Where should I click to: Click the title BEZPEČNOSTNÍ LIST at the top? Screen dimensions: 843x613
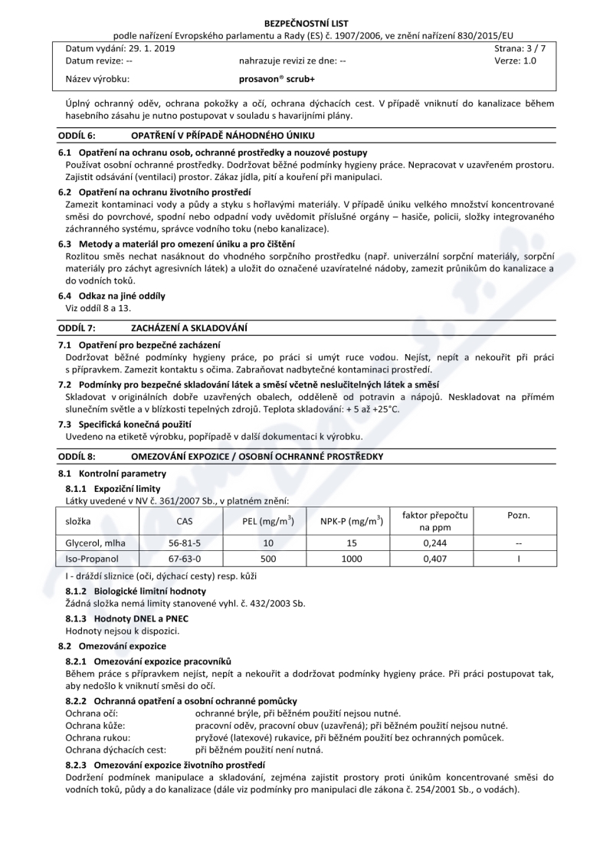[x=306, y=25]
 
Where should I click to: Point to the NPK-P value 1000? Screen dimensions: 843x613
[x=351, y=559]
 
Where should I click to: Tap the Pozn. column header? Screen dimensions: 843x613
[x=519, y=516]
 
